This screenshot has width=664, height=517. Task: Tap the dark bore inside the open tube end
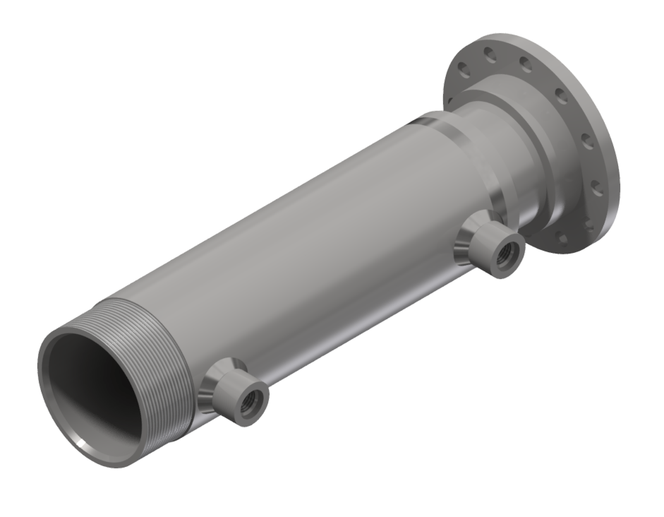[92, 396]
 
